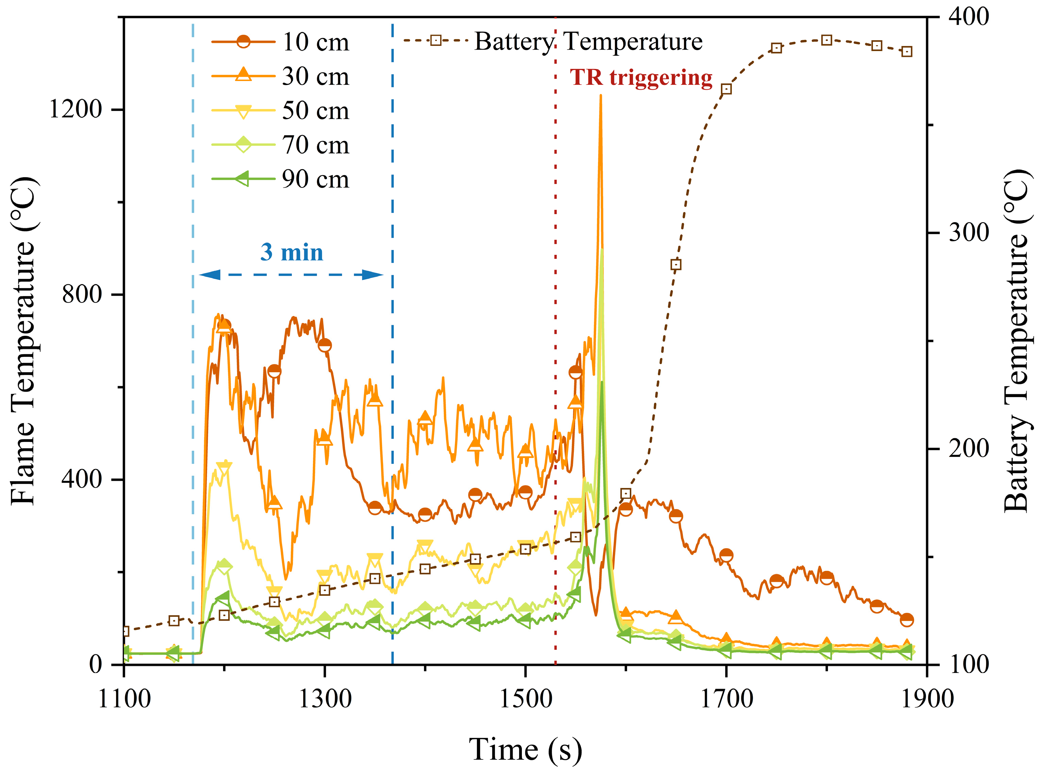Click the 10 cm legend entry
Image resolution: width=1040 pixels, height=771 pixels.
pyautogui.click(x=315, y=42)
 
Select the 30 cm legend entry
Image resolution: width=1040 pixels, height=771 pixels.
pyautogui.click(x=315, y=76)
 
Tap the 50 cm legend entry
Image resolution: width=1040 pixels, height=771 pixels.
pyautogui.click(x=315, y=111)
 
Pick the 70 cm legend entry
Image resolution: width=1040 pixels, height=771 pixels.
pyautogui.click(x=315, y=145)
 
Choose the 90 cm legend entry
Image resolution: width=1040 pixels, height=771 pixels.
pyautogui.click(x=315, y=179)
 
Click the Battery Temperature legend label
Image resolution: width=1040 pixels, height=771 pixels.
pyautogui.click(x=588, y=42)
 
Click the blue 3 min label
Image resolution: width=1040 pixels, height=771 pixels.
pyautogui.click(x=292, y=252)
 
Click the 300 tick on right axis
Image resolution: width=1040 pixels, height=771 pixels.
pyautogui.click(x=969, y=232)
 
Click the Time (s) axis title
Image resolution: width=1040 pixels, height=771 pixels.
pyautogui.click(x=525, y=750)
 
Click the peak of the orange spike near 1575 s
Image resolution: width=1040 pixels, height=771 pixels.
pyautogui.click(x=600, y=96)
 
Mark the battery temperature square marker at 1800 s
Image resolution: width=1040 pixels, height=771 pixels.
pyautogui.click(x=826, y=40)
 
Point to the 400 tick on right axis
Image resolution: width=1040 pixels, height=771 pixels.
pyautogui.click(x=969, y=17)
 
